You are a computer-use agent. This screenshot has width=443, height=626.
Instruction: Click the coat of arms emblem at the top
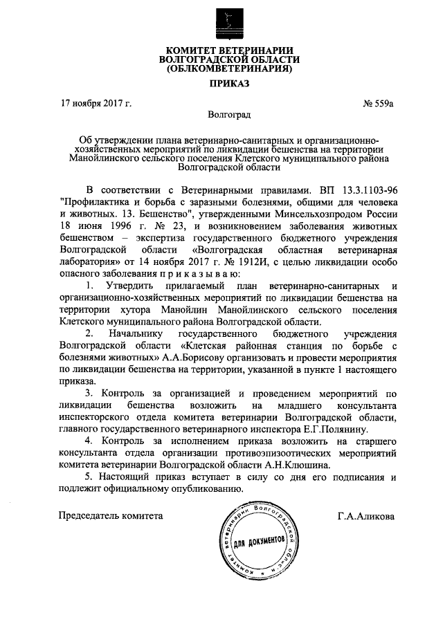(x=221, y=21)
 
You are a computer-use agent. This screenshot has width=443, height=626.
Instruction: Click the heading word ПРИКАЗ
(x=221, y=84)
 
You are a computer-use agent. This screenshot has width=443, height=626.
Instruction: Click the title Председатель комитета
(x=111, y=515)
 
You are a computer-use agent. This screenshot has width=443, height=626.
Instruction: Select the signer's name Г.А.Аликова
(x=366, y=515)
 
